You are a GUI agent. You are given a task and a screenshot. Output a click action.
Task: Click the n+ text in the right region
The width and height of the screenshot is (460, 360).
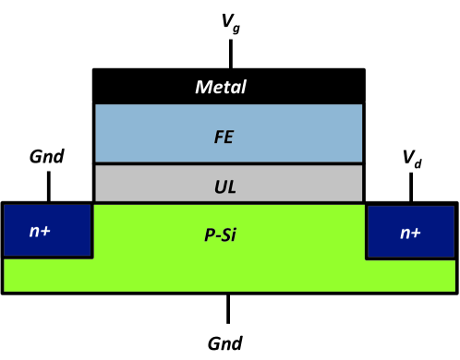point(411,233)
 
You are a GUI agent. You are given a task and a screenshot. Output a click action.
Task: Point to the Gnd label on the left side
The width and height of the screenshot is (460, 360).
point(46,156)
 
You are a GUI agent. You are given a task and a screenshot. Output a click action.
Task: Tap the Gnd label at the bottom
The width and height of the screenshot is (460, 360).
point(226,343)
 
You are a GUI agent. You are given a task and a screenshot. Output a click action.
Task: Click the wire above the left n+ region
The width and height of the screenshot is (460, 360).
point(48,186)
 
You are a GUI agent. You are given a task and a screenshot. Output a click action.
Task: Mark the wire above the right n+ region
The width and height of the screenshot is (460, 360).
point(411,186)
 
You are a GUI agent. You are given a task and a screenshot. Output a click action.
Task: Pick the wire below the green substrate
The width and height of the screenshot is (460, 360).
point(229,309)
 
